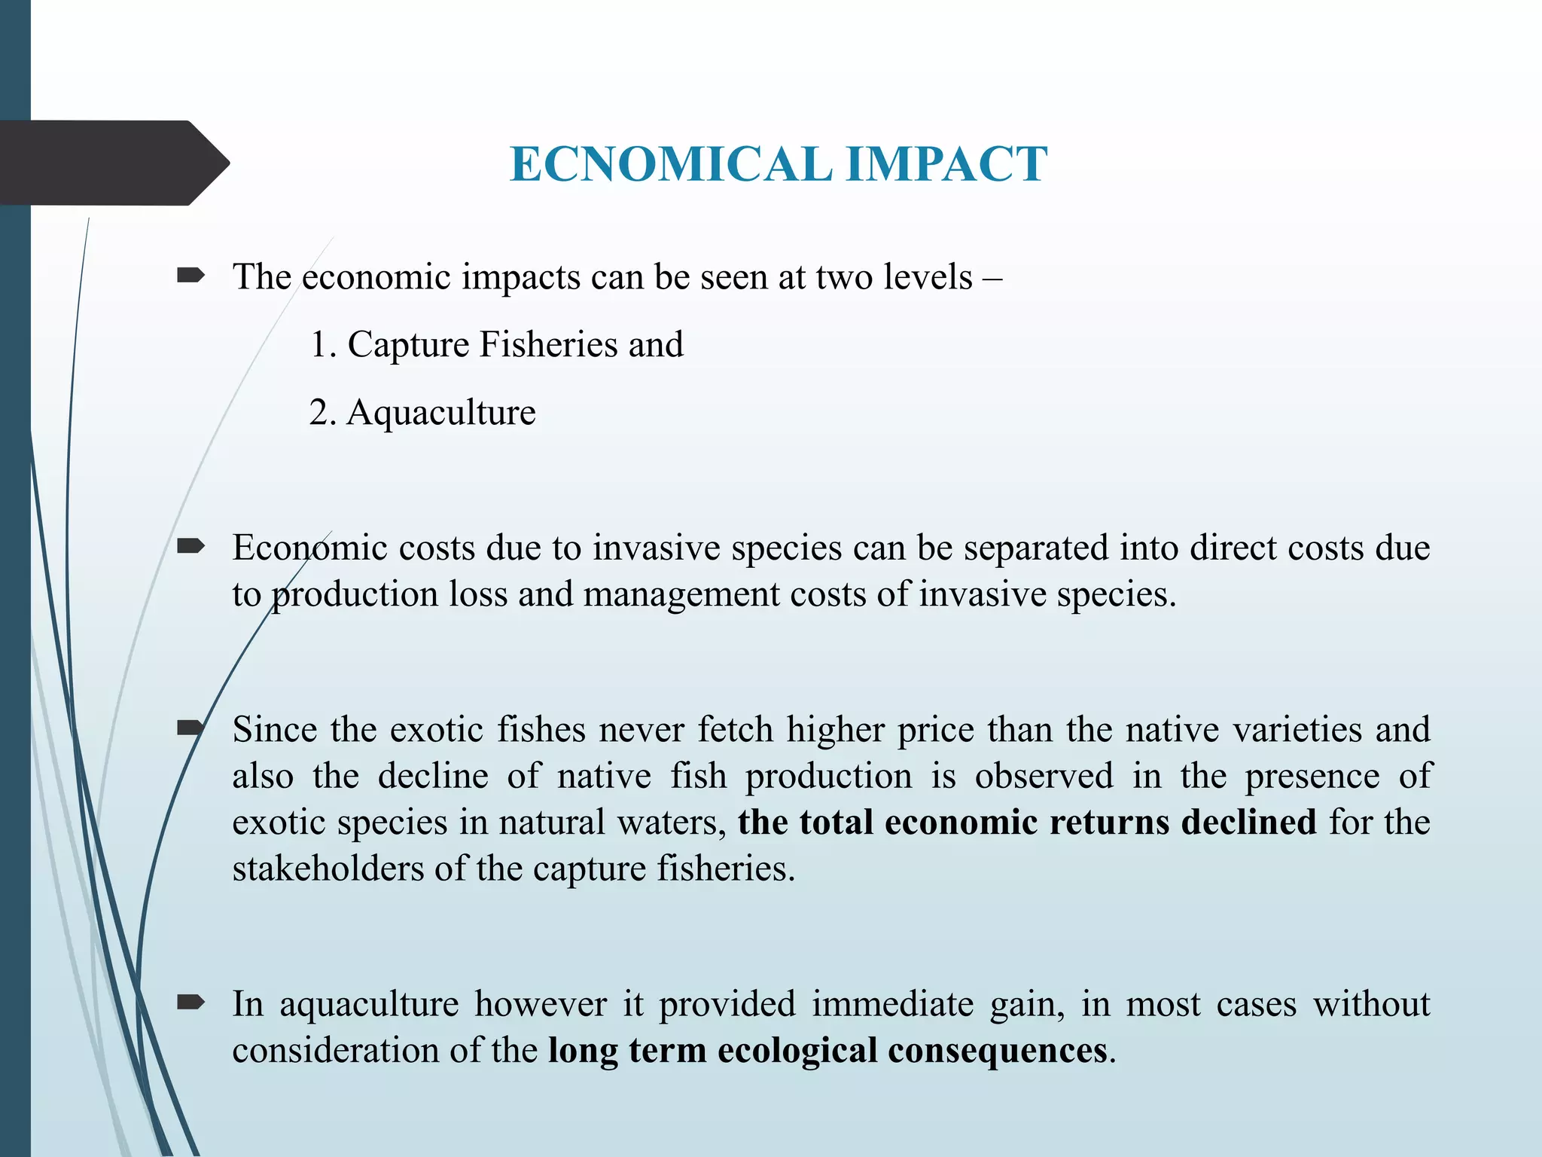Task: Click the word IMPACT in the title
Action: [x=946, y=164]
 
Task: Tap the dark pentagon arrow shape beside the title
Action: [x=113, y=163]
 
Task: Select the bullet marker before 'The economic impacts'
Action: [x=190, y=276]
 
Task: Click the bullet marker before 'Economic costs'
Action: [x=190, y=546]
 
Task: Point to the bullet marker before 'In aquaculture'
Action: [x=190, y=1002]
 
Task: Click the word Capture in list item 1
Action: [x=408, y=345]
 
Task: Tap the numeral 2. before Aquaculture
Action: [x=322, y=413]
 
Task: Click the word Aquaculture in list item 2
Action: [x=441, y=413]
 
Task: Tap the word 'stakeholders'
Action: [x=328, y=869]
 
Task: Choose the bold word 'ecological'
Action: [x=797, y=1051]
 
